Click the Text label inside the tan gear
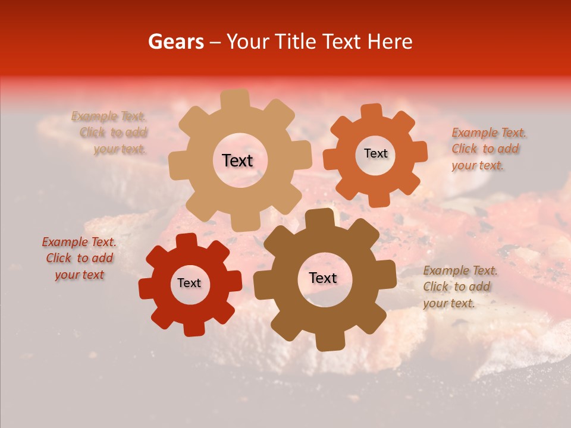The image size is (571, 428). [x=237, y=160]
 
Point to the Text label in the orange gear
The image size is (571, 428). [x=375, y=153]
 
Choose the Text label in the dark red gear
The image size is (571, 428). [x=189, y=283]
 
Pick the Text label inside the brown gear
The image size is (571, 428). [x=323, y=278]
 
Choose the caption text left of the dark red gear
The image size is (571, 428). [x=79, y=258]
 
